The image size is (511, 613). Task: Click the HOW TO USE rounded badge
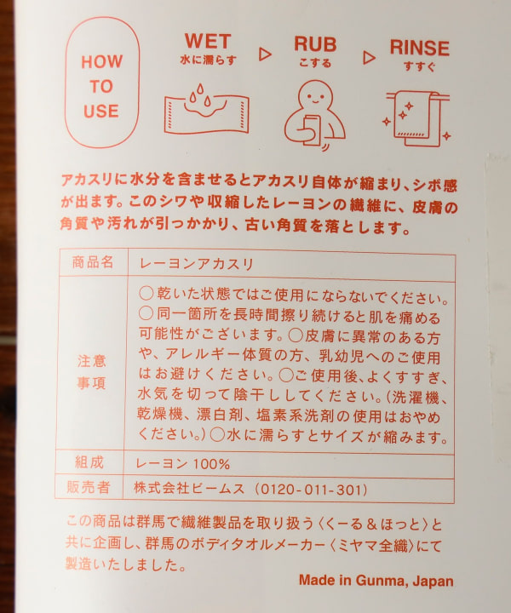tap(101, 86)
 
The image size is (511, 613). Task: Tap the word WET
tap(208, 40)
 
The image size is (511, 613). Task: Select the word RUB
tap(315, 43)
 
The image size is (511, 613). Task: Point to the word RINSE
tap(420, 46)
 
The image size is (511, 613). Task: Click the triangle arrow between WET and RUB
tap(264, 53)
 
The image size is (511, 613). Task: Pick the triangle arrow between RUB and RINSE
tap(368, 57)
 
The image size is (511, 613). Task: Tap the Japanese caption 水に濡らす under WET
tap(207, 60)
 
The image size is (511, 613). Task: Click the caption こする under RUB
tap(315, 62)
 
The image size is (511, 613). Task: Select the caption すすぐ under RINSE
tap(419, 66)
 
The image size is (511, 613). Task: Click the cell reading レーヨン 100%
tap(182, 464)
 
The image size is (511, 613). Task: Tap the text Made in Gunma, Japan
tap(376, 581)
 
